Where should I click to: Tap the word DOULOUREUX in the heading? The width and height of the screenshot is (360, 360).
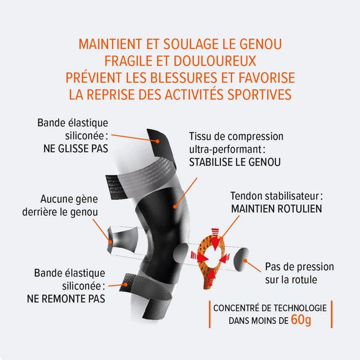[215, 61]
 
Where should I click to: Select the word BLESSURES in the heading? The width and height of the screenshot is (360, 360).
[184, 78]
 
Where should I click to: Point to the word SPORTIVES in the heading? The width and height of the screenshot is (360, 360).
[260, 94]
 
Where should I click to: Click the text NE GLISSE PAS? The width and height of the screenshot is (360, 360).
[76, 149]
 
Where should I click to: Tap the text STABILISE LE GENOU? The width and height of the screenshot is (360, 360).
[235, 162]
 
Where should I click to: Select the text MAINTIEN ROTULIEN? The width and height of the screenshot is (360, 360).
[276, 209]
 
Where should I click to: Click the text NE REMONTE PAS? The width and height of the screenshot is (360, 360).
[66, 299]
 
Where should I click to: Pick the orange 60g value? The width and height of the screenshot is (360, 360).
[301, 319]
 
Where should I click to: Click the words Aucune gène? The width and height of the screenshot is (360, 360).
[69, 199]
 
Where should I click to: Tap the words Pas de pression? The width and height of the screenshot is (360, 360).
[300, 267]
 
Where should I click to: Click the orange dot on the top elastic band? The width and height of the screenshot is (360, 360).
[157, 141]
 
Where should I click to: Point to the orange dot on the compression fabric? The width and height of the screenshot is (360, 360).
[175, 207]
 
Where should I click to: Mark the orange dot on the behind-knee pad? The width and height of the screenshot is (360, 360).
[111, 242]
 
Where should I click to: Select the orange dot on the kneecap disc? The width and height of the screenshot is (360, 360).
[245, 261]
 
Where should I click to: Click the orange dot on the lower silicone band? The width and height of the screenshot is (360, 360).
[126, 284]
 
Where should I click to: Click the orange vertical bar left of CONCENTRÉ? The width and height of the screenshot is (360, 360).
[210, 314]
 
